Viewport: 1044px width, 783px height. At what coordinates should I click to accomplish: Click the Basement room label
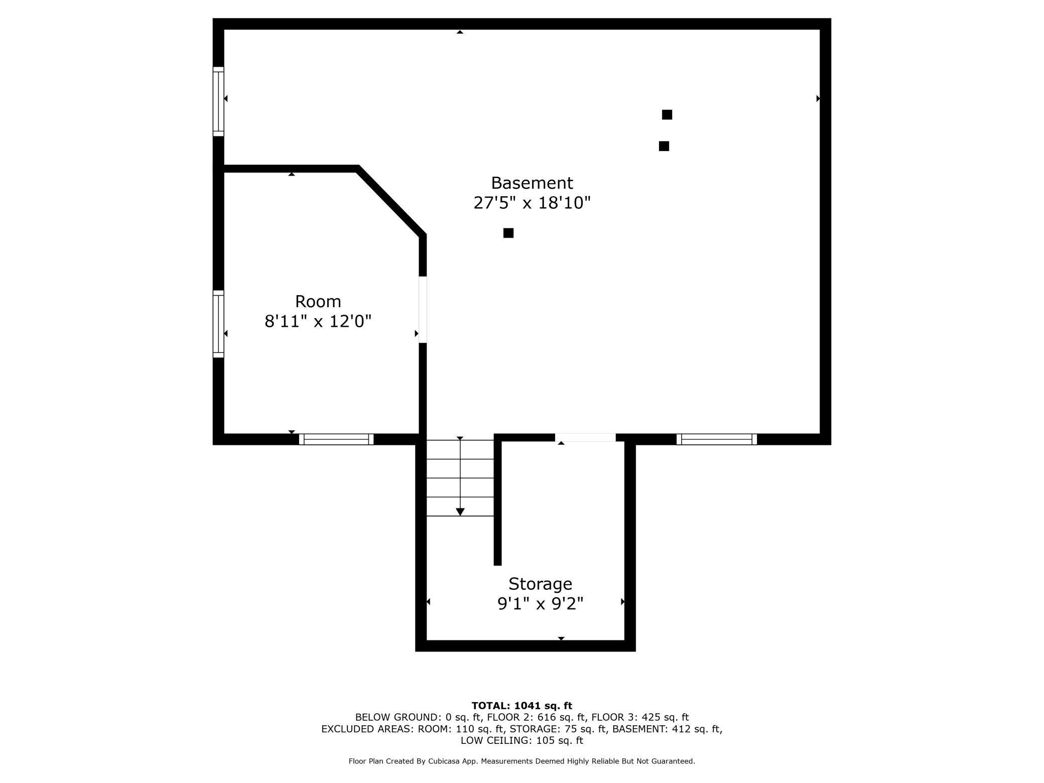tap(532, 183)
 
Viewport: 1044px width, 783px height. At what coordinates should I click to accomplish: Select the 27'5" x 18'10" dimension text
tap(532, 203)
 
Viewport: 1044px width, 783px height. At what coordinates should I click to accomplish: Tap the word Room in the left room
tap(318, 301)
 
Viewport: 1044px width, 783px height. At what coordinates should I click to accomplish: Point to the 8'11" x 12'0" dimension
tap(318, 321)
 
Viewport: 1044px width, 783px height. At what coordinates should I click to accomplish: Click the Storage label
tap(540, 584)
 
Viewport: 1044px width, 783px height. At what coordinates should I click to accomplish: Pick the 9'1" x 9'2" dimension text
tap(540, 603)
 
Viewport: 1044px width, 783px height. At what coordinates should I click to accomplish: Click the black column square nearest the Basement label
tap(508, 233)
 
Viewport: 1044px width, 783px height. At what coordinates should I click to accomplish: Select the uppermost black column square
tap(667, 114)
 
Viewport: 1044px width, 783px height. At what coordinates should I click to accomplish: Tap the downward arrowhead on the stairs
tap(460, 511)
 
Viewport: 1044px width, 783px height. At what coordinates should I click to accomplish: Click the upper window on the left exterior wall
tap(218, 101)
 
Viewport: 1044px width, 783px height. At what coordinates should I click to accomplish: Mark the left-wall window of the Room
tap(218, 324)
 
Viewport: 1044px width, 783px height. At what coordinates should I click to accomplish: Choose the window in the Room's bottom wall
tap(336, 439)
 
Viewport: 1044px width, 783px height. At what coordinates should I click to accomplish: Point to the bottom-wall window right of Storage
tap(717, 439)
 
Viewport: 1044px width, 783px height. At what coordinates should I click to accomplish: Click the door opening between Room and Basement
tap(423, 310)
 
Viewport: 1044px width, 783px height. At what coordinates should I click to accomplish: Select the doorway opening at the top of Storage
tap(585, 438)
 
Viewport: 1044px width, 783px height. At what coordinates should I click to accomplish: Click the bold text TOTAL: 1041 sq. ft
tap(521, 706)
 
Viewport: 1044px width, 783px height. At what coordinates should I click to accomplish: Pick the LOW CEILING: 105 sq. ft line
tap(521, 740)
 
